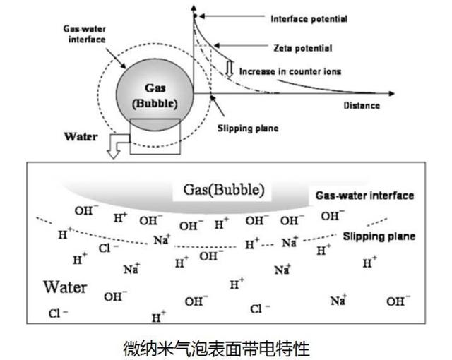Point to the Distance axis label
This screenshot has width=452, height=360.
(362, 106)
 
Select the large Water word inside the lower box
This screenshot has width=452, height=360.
(65, 287)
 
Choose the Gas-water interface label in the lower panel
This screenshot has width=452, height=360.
(364, 195)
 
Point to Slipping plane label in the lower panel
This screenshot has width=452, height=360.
(379, 236)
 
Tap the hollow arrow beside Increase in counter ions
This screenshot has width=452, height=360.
(230, 68)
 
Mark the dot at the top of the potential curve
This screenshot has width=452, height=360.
(194, 16)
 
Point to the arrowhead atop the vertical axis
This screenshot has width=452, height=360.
(194, 6)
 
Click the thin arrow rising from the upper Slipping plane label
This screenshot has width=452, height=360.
(215, 107)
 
